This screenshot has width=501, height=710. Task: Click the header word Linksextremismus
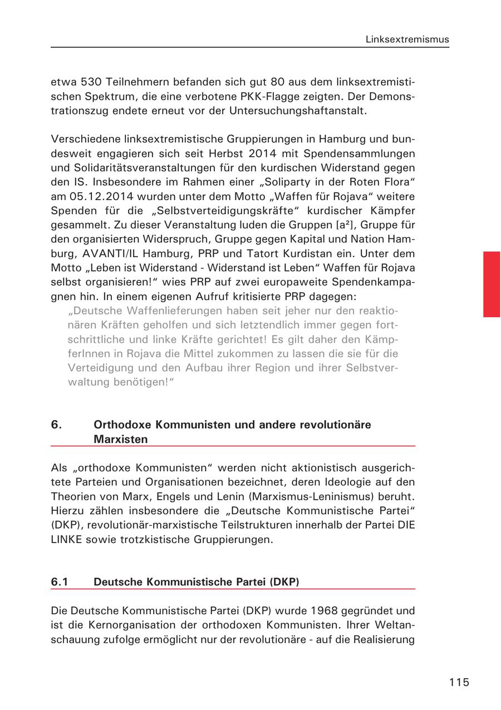point(407,40)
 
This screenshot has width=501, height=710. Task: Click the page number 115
point(459,682)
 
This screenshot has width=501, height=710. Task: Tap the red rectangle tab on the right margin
point(491,284)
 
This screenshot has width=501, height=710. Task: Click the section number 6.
point(56,425)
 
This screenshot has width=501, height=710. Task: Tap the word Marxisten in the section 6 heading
point(121,439)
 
